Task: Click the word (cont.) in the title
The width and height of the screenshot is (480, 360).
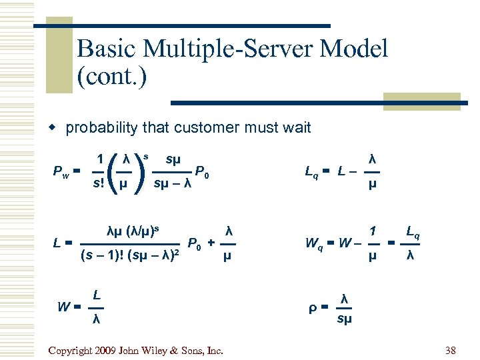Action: point(111,76)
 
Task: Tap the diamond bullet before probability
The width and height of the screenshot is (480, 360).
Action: point(58,128)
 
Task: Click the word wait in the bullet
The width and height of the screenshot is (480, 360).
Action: point(296,127)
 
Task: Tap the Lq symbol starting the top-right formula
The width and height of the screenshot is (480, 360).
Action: point(311,172)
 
